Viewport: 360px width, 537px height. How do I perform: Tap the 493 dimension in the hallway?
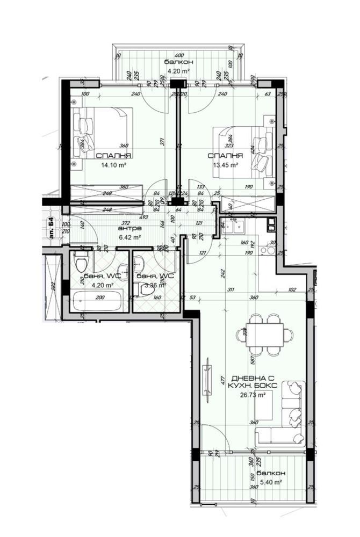[x=144, y=217]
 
